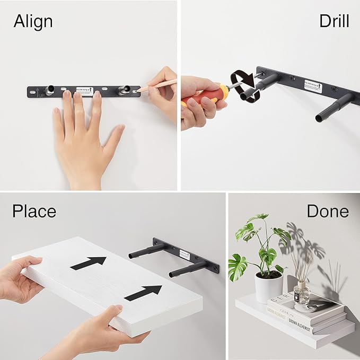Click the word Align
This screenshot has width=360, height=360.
tap(33, 22)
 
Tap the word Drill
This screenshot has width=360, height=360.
tap(333, 21)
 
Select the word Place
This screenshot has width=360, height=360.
tap(34, 211)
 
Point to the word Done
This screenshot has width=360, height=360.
tap(328, 211)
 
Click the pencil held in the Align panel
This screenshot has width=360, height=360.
tap(159, 84)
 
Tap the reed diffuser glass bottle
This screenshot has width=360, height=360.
tap(301, 293)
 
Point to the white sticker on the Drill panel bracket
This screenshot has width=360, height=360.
tap(313, 84)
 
